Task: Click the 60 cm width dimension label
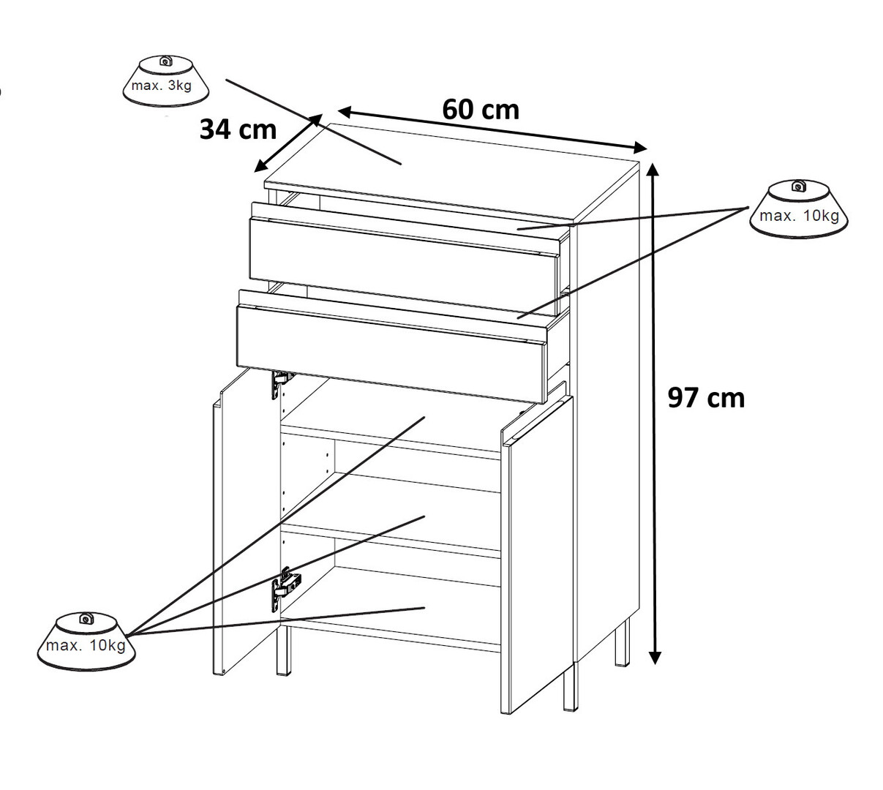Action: (481, 110)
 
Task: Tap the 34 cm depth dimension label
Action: (238, 129)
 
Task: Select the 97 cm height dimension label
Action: (706, 398)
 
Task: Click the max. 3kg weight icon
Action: (165, 80)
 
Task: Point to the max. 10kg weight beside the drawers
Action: (798, 210)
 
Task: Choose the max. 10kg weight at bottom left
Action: (86, 641)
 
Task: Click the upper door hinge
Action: (281, 383)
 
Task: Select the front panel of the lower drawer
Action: (391, 354)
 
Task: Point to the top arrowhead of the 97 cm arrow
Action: (652, 169)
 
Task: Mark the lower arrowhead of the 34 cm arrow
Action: (260, 166)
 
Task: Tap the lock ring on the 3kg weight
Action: (165, 61)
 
